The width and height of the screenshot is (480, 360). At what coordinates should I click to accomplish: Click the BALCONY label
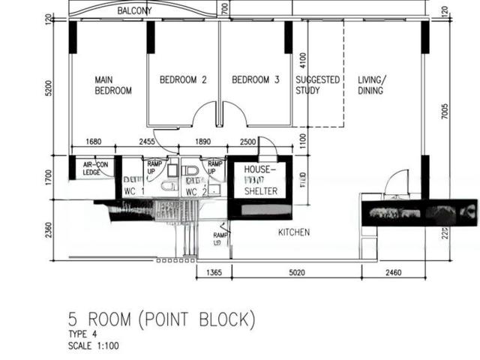pyautogui.click(x=135, y=11)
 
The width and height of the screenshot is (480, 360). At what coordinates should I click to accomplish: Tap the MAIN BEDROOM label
pyautogui.click(x=113, y=85)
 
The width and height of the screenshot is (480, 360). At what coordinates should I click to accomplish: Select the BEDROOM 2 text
pyautogui.click(x=183, y=80)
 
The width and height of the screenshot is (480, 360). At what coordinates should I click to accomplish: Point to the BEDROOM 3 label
pyautogui.click(x=255, y=80)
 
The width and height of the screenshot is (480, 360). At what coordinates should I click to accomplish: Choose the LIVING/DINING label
pyautogui.click(x=371, y=85)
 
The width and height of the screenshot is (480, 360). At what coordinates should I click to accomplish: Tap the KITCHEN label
pyautogui.click(x=294, y=232)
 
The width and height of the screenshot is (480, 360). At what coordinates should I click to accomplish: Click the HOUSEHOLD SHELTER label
pyautogui.click(x=261, y=181)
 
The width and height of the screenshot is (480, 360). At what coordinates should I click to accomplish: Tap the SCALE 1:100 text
pyautogui.click(x=93, y=346)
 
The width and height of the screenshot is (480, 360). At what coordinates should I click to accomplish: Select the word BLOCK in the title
pyautogui.click(x=217, y=320)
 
